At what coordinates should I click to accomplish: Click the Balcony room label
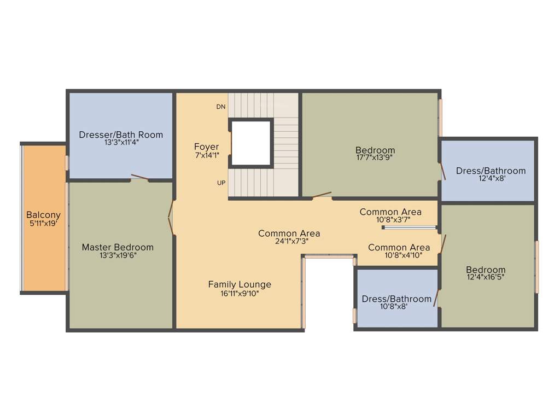point(43,215)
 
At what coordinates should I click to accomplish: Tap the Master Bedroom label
point(118,247)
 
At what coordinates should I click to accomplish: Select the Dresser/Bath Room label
point(121,135)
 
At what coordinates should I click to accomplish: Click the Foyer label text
point(206,147)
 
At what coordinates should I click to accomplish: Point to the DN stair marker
point(221,107)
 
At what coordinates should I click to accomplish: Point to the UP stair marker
point(221,183)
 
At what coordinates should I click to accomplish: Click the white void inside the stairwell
point(251,143)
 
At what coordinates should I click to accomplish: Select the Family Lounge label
point(240,284)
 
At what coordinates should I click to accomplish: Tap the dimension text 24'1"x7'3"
point(289,241)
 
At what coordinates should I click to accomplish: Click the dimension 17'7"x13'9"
point(375,157)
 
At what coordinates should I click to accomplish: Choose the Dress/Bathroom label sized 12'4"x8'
point(491,171)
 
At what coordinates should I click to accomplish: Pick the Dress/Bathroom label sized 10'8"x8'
point(396,299)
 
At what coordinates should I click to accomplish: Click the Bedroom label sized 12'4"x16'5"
point(486,270)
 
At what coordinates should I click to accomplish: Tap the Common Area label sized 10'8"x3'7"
point(390,212)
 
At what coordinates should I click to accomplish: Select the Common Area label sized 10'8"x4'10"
point(399,247)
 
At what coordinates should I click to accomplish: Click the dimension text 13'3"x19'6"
point(118,255)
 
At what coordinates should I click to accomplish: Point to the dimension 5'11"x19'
point(43,223)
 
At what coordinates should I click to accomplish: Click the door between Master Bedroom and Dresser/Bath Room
point(139,178)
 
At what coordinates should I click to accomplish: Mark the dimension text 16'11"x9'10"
point(240,293)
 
